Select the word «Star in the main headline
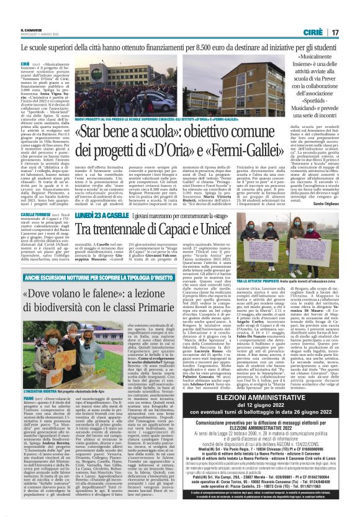click(92, 131)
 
